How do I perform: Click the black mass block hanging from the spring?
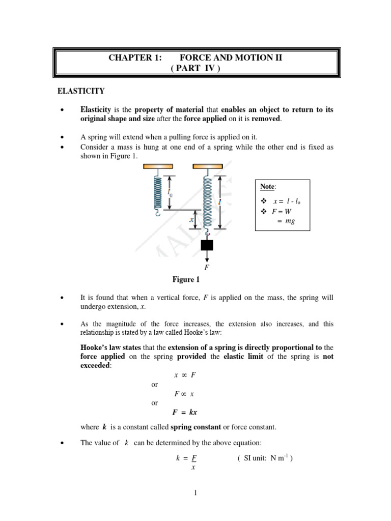pos(207,245)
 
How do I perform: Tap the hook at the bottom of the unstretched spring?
pos(157,212)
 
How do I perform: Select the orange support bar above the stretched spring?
pos(207,166)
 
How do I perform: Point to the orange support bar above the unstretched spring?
pos(157,166)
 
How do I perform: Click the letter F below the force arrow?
pos(207,267)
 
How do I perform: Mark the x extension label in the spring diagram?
pos(191,220)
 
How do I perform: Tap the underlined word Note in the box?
pos(267,187)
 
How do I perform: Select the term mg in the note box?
pos(290,221)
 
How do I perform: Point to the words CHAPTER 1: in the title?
pos(135,57)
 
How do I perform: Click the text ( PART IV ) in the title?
pos(196,68)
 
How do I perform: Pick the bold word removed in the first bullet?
pos(266,119)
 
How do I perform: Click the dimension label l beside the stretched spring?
pos(220,202)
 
